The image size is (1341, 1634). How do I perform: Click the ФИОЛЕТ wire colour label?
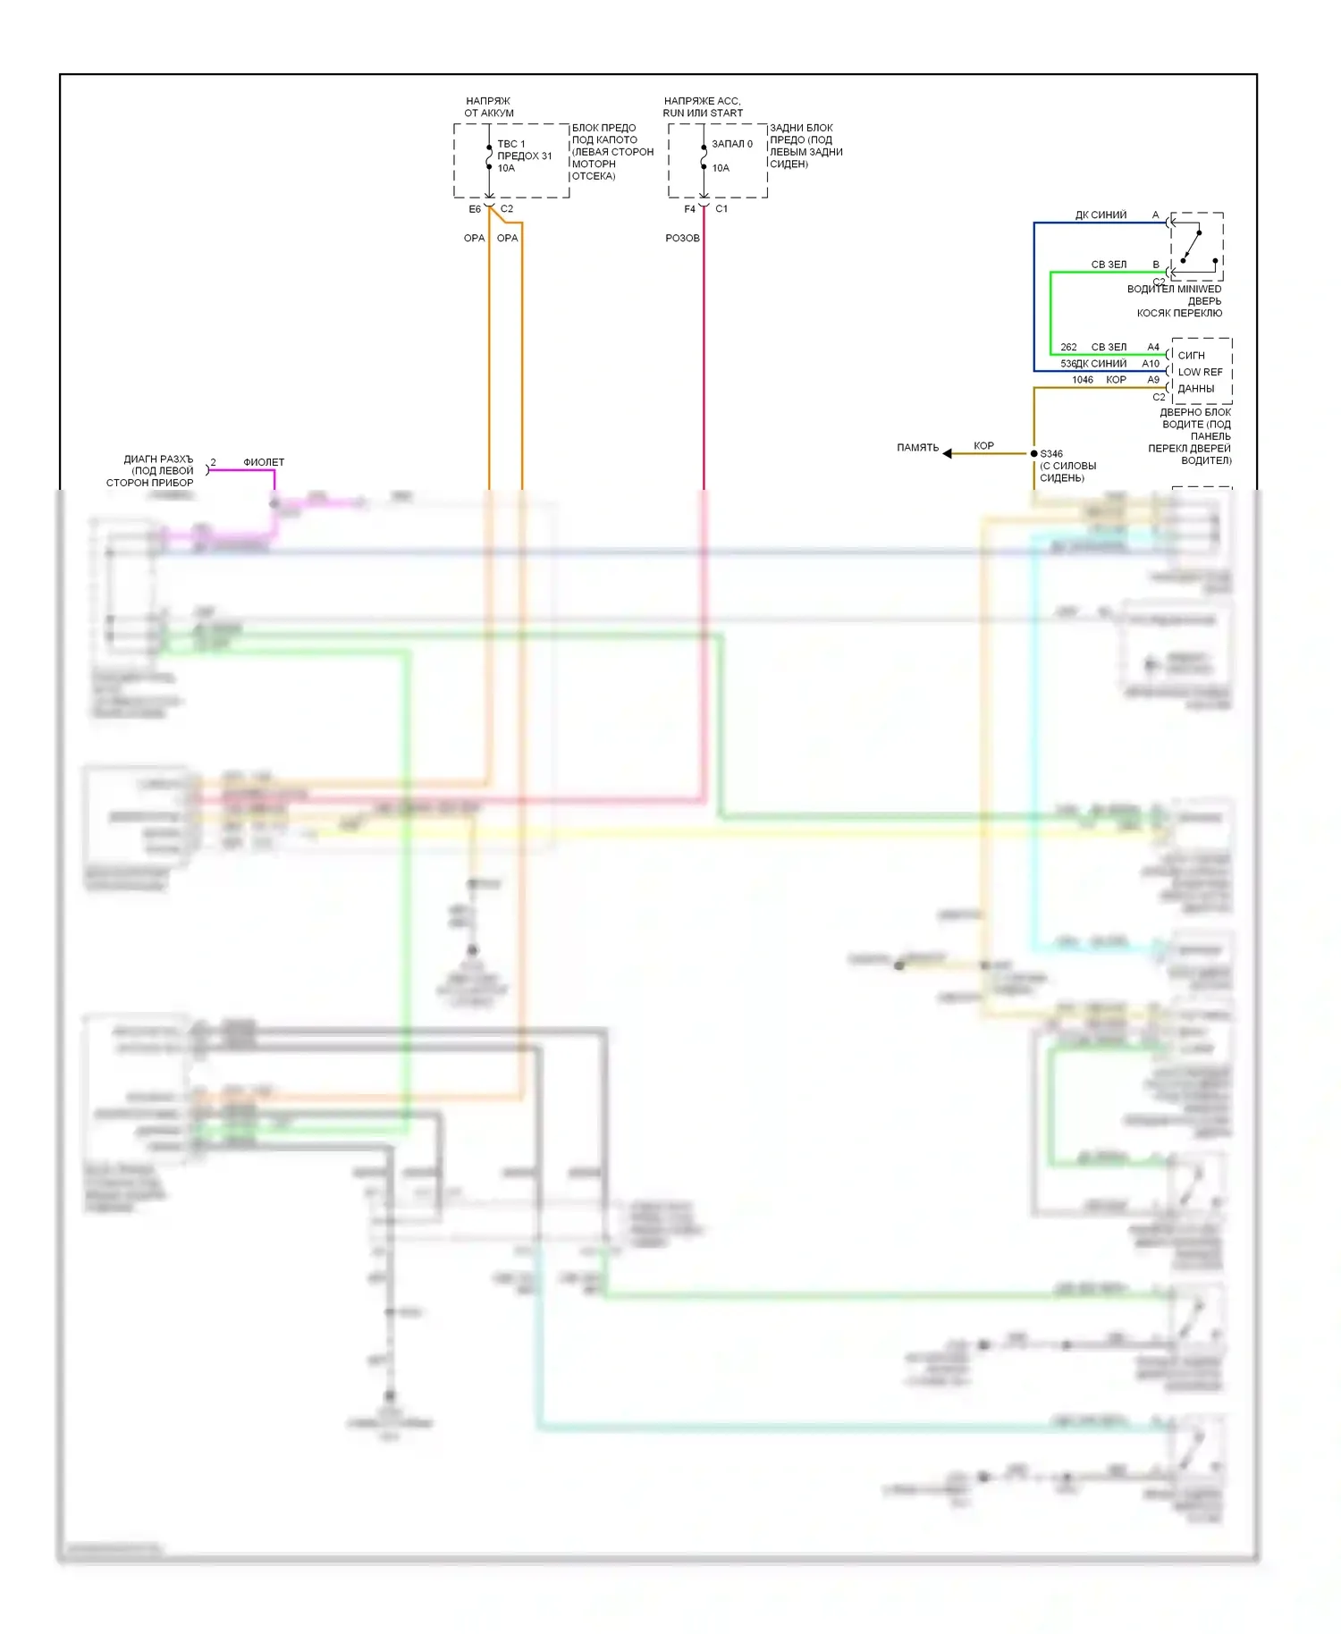coord(264,462)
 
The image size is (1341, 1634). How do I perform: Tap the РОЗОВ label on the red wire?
coord(682,238)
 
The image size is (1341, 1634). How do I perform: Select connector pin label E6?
coord(475,209)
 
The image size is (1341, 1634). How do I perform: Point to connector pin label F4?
coord(689,209)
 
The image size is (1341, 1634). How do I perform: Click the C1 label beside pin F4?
coord(721,209)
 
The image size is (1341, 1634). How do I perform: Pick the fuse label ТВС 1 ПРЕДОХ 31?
coord(524,150)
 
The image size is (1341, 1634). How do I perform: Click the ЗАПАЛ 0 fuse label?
coord(732,144)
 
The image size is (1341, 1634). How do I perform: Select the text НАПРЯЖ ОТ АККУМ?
coord(489,107)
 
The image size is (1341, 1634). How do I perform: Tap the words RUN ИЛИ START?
coord(703,114)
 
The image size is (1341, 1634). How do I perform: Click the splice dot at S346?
coord(1034,454)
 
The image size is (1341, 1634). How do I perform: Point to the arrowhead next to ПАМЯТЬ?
coord(948,453)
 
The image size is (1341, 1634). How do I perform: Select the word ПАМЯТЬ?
coord(917,447)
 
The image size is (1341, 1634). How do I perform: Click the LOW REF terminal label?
coord(1200,372)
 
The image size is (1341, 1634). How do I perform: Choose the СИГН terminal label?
coord(1191,355)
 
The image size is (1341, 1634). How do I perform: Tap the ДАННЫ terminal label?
coord(1195,389)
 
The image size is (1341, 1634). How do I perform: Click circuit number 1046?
coord(1083,380)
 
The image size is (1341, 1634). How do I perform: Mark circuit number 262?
coord(1068,347)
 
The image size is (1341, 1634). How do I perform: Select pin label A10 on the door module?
coord(1151,364)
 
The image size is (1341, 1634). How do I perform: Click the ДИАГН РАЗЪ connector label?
coord(158,459)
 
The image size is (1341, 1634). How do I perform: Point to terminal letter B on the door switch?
coord(1155,265)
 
